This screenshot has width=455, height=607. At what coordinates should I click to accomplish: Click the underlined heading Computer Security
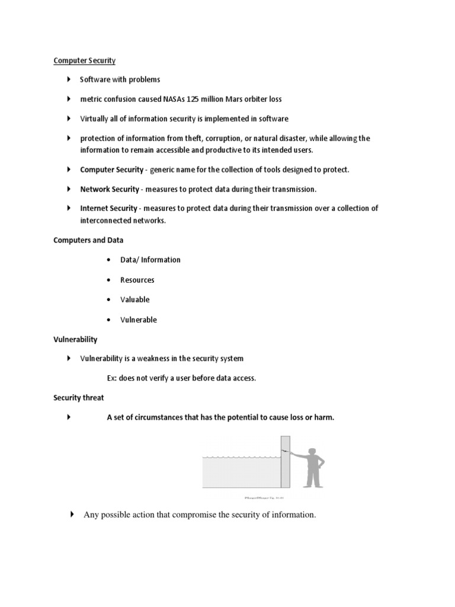(84, 60)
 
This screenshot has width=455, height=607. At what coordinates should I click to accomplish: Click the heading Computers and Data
(88, 240)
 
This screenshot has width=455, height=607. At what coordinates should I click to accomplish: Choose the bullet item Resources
(137, 280)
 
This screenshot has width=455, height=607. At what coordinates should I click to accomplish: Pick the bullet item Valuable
(135, 299)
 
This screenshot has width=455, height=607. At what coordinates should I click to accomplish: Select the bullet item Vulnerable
(139, 320)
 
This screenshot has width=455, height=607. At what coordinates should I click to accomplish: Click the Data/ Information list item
(150, 260)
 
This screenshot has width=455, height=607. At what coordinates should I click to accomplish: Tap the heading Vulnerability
(75, 340)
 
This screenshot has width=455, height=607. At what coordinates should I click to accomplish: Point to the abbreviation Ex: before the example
(112, 378)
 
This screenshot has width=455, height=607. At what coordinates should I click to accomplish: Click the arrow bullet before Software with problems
(69, 79)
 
